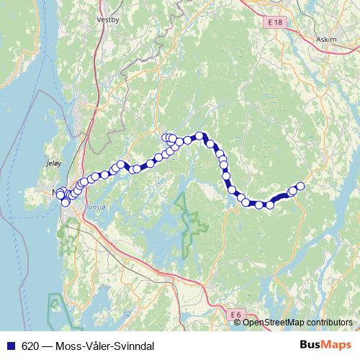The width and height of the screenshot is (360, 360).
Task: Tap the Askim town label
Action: click(325, 40)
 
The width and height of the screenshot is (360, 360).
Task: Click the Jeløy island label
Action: click(53, 163)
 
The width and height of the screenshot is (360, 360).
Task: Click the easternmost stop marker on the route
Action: click(300, 186)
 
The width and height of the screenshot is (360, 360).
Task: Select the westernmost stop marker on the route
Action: click(60, 194)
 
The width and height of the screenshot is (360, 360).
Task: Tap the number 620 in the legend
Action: click(30, 346)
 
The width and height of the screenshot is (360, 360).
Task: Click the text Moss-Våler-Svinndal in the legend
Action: click(104, 346)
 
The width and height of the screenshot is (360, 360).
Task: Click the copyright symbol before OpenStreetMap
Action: click(238, 323)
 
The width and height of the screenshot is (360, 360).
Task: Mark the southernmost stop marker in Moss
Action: click(66, 202)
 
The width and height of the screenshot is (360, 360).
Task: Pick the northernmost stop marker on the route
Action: click(198, 135)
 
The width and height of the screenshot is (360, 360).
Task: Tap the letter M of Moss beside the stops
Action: click(56, 192)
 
